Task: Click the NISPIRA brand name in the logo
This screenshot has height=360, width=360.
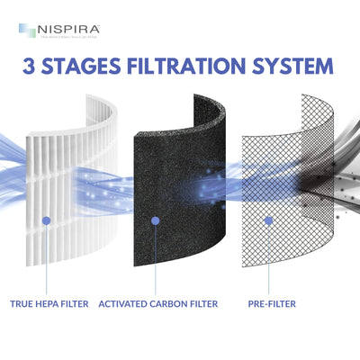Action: [x=69, y=30]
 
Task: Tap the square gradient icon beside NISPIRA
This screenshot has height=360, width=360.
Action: [x=25, y=32]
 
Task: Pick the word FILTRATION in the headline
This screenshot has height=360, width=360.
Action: [x=203, y=67]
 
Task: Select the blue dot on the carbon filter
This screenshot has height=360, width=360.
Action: [x=157, y=220]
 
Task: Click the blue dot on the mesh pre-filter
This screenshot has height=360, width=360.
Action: [x=267, y=220]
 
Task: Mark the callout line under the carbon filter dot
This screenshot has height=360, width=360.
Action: [x=157, y=261]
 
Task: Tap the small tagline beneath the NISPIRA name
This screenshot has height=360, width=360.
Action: [x=69, y=38]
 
